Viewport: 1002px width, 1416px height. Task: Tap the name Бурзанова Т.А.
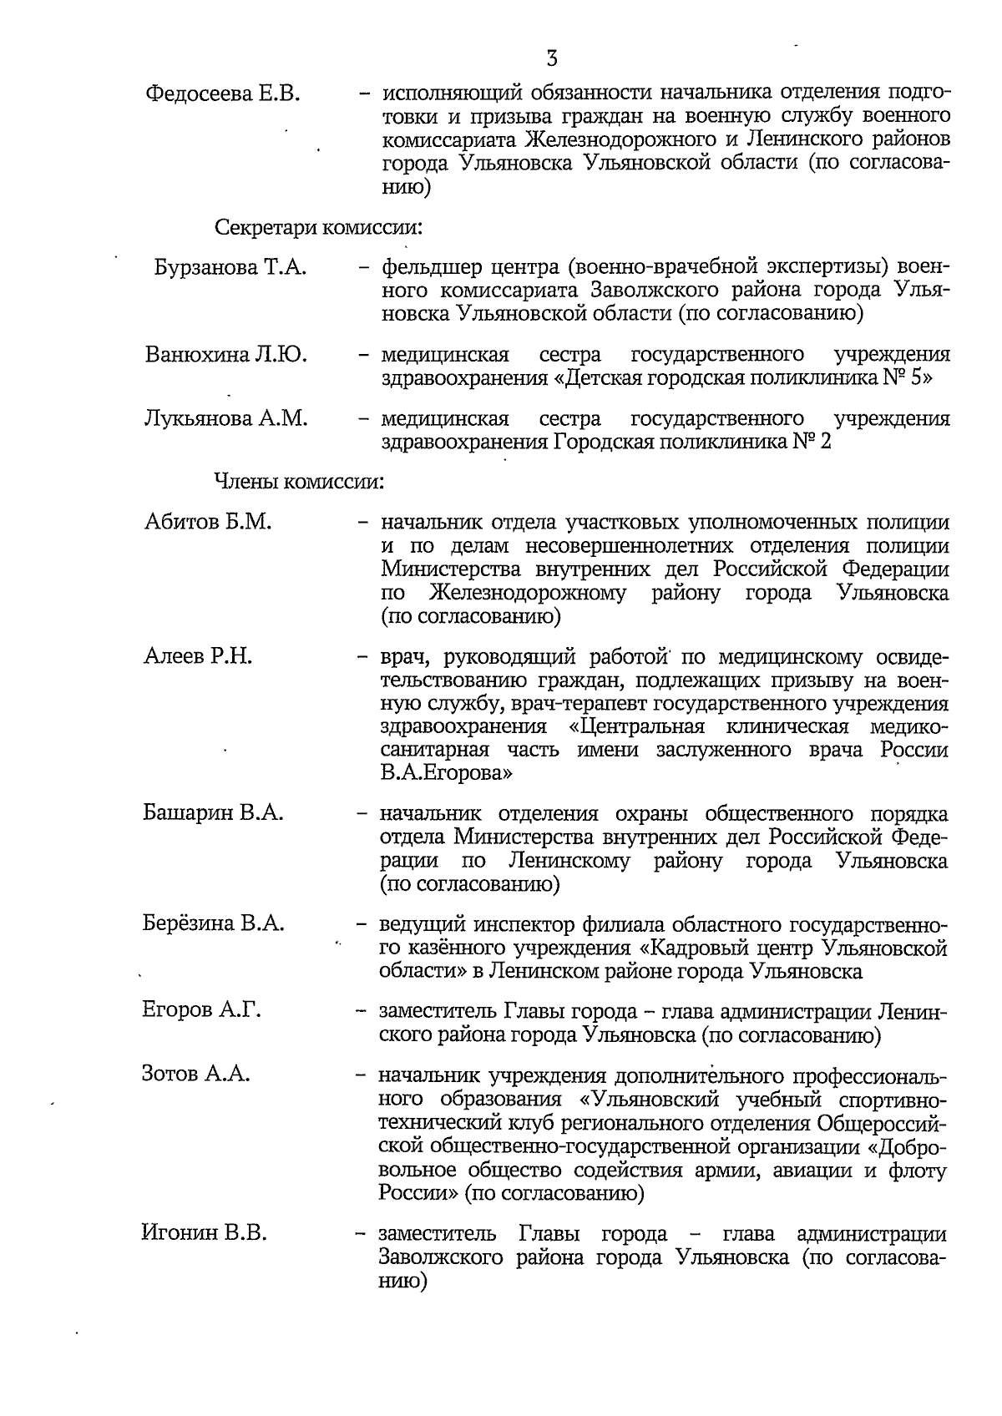230,268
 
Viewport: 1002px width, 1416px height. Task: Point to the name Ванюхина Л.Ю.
225,355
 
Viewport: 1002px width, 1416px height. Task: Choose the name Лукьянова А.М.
225,418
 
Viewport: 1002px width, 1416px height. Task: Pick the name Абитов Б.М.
208,523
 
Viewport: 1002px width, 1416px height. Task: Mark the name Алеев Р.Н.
198,656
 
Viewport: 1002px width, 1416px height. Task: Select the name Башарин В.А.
213,813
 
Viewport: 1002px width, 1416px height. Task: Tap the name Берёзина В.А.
213,924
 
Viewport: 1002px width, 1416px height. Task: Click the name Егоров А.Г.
201,1011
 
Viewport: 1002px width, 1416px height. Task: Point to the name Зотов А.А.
196,1075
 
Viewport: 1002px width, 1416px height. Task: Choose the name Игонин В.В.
205,1232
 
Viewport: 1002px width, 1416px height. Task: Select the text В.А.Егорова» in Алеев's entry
446,773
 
